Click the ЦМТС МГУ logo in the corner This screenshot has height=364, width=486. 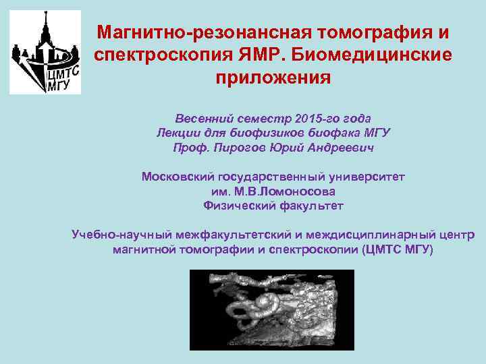click(x=45, y=52)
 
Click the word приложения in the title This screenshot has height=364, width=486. click(x=273, y=76)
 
